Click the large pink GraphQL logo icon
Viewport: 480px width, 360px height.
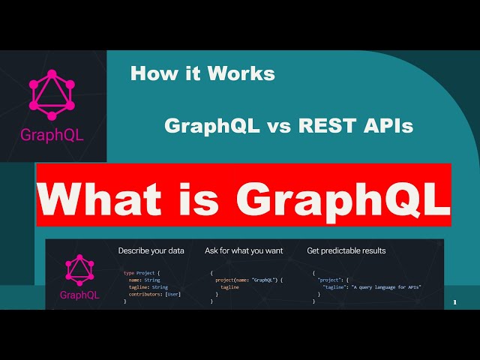point(52,94)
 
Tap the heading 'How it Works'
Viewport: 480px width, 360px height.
point(202,73)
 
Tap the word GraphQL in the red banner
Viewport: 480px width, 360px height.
point(342,197)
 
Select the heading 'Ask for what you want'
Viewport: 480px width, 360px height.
point(244,250)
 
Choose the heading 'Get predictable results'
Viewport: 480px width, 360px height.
point(346,250)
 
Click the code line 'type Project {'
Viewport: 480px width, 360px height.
point(146,273)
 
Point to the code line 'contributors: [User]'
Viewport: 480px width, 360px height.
point(154,294)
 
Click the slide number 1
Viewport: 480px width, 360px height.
point(454,302)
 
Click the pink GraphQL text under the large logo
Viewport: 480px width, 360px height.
point(52,136)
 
